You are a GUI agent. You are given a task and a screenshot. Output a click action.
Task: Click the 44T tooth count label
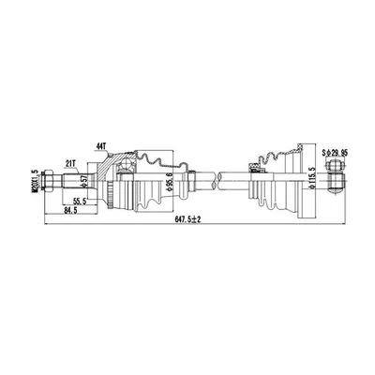tap(101, 146)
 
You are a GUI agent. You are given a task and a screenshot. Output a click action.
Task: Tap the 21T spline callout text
tap(70, 163)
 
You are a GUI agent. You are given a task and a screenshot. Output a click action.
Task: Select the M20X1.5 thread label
tap(35, 181)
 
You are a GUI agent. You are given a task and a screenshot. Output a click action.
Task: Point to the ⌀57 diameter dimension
tap(83, 181)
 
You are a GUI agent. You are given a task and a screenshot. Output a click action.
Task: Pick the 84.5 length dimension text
tap(70, 211)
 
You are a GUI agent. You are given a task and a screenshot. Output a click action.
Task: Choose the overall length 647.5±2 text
tap(187, 219)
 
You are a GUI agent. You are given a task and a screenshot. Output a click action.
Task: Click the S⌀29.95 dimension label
tap(336, 153)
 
